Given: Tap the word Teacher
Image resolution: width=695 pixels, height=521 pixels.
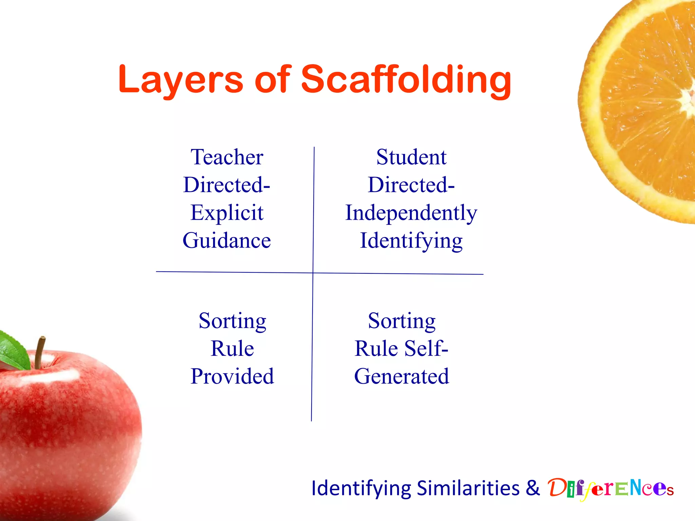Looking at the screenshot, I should [227, 157].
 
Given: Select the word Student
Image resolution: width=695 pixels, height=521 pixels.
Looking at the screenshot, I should [411, 157].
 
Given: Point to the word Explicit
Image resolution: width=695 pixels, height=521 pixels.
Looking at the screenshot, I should [227, 213].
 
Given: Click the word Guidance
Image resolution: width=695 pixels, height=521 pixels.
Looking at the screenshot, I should [227, 241].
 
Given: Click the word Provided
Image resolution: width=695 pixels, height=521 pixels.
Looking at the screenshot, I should [232, 377].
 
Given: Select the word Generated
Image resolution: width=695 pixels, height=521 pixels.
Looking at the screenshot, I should [401, 377].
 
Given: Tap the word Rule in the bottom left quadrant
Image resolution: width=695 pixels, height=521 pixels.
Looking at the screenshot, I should [232, 349].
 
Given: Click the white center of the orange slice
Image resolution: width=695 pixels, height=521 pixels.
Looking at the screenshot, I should [689, 98].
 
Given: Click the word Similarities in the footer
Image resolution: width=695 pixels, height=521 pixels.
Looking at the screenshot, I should [468, 488].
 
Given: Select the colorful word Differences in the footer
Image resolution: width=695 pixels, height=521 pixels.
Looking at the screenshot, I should [610, 488].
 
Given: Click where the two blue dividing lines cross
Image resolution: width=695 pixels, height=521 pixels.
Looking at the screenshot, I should [313, 273].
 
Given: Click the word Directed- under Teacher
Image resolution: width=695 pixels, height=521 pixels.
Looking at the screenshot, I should [227, 185].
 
